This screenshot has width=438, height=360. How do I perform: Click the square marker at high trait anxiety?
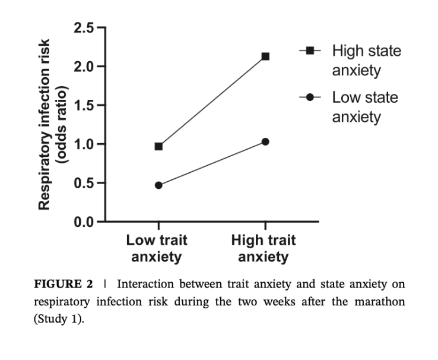(265, 56)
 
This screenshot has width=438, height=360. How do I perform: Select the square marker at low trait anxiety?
(158, 146)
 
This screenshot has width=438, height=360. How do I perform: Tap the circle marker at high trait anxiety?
(265, 141)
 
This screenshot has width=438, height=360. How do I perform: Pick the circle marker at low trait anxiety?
(158, 185)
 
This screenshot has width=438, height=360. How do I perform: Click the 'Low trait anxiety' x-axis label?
(157, 249)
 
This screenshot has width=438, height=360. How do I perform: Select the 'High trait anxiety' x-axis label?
(264, 249)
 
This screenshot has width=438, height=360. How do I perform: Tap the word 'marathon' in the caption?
(381, 301)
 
